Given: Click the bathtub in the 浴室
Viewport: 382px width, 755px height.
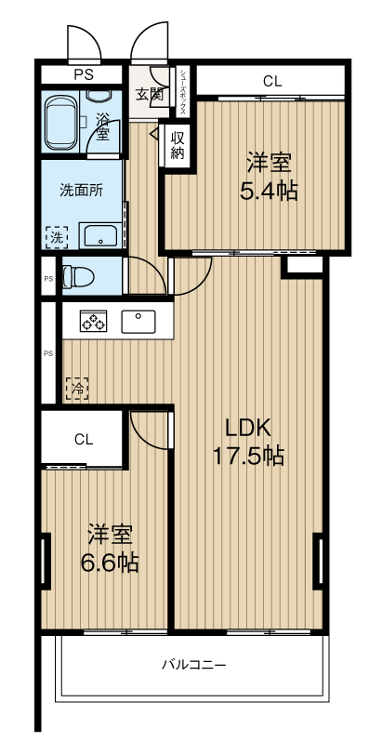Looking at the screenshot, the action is click(x=62, y=124).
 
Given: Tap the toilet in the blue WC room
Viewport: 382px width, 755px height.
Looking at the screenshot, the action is click(x=78, y=276).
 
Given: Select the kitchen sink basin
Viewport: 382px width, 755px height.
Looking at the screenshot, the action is click(x=138, y=322).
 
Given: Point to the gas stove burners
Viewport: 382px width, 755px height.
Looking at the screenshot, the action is click(x=93, y=322).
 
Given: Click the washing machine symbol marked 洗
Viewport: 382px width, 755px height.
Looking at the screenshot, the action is click(x=57, y=237).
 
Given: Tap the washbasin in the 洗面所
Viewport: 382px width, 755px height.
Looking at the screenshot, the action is click(x=100, y=236).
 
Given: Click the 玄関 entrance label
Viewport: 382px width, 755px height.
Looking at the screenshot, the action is click(x=149, y=94).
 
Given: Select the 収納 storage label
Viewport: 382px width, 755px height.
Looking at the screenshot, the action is click(x=178, y=145).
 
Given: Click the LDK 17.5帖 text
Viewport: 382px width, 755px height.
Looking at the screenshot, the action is click(x=248, y=442).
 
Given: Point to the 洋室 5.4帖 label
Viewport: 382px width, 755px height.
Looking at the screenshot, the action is click(x=269, y=177).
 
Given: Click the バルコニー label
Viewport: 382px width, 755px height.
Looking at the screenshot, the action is click(x=193, y=666).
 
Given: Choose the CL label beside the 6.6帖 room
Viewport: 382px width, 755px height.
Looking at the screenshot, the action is click(x=84, y=439).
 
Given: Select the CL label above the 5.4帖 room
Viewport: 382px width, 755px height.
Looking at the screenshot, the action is click(x=271, y=82).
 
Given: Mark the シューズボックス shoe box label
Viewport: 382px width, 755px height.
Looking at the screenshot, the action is click(x=183, y=92).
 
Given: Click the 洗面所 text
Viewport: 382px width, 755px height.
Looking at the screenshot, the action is click(x=81, y=191).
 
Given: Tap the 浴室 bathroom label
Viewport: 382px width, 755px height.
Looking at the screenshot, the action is click(x=101, y=126).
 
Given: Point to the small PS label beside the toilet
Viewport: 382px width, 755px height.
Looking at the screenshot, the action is click(x=48, y=278).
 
